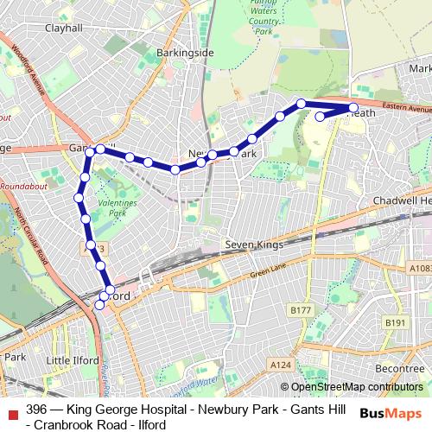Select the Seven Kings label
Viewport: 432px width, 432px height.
pos(254,245)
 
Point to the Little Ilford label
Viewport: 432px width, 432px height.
pos(73,360)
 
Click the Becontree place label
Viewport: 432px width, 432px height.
pos(400,367)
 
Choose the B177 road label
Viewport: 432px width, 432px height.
pos(301,310)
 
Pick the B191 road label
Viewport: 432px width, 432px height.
pos(396,322)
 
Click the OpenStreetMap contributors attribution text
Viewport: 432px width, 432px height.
pos(357,387)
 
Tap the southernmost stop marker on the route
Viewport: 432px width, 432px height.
pos(100,305)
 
